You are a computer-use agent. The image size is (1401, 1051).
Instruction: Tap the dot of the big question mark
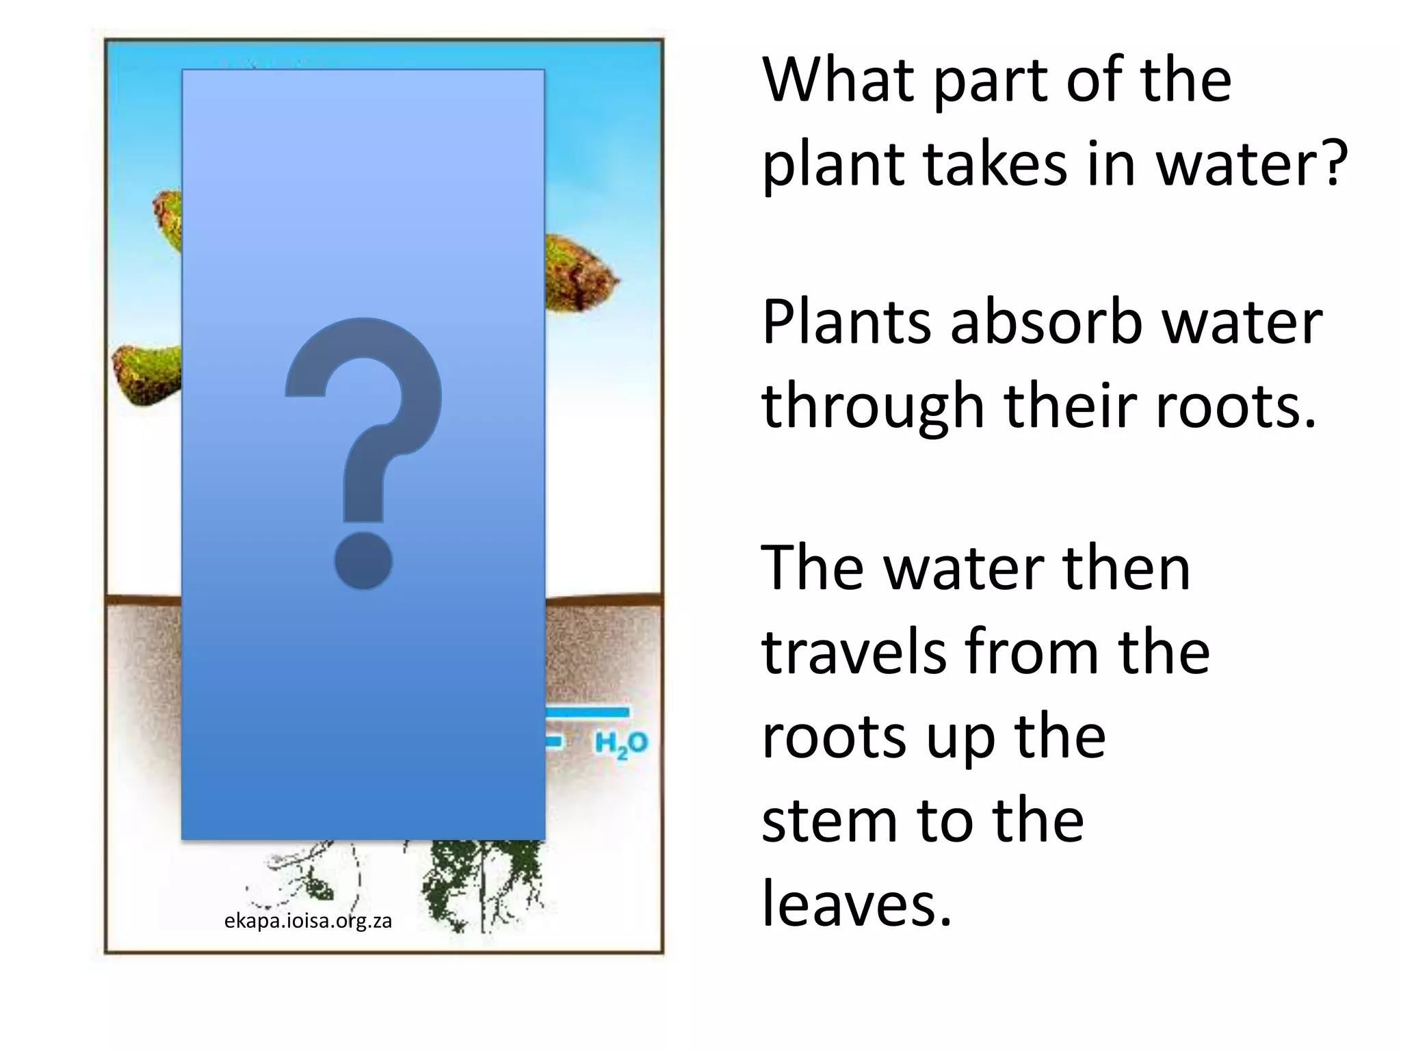(x=363, y=560)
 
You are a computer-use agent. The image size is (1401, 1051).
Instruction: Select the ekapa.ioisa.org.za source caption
(x=308, y=921)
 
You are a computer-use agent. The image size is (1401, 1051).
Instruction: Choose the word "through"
(x=873, y=406)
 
